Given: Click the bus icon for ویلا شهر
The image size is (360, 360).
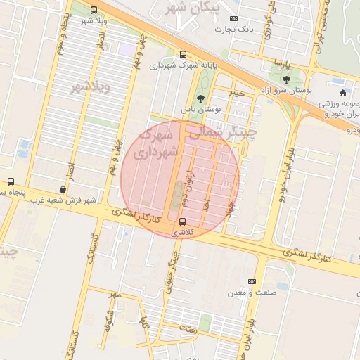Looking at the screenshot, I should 94,10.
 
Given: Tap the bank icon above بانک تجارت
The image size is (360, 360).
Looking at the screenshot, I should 234,19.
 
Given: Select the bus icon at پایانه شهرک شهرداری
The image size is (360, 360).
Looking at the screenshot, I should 184,54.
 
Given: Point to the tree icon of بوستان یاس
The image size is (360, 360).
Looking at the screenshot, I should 201,98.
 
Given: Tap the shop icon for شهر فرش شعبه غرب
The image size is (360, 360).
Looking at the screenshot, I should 63,189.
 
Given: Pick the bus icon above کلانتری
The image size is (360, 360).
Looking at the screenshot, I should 182,221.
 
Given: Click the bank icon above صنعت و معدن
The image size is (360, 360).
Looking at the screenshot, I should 252,282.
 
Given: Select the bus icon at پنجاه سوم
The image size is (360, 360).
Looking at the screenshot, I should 11,181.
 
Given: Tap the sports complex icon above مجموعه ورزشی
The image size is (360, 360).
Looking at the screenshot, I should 342,93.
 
